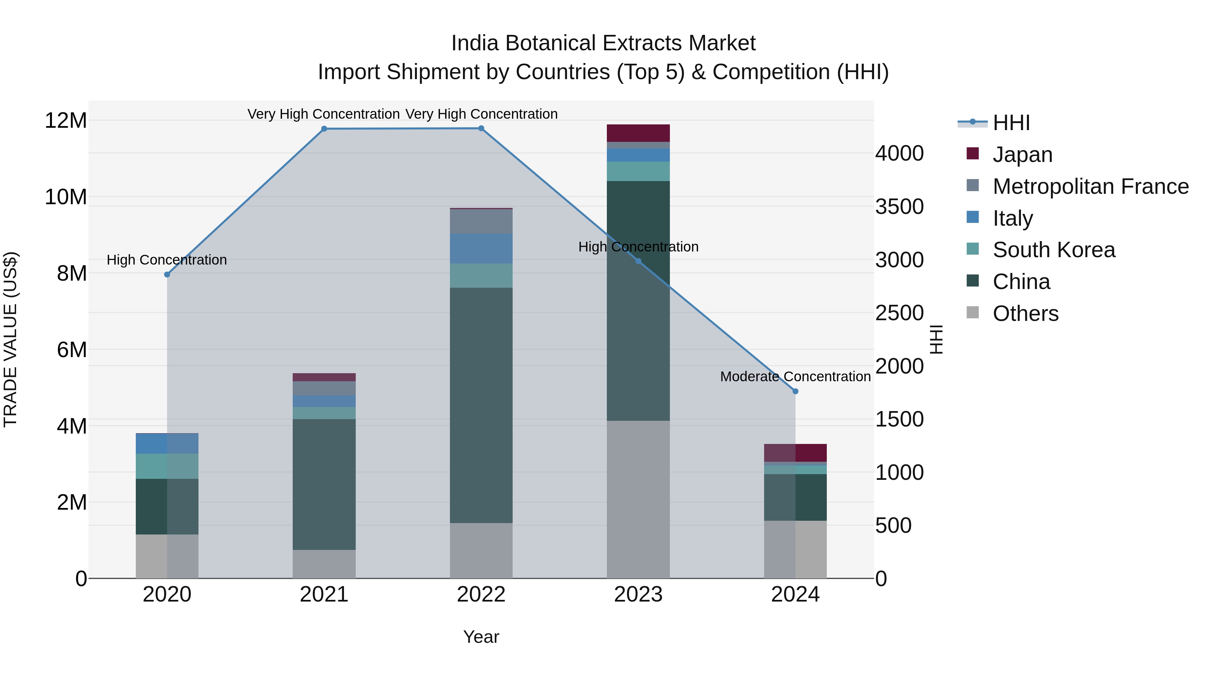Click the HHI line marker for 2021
(324, 129)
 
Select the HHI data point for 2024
(795, 391)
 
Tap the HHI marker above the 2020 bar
(167, 275)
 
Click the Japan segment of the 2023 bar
(638, 133)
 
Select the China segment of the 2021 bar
(324, 484)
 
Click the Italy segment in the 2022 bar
(481, 248)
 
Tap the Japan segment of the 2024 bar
(795, 453)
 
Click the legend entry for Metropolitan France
(1090, 186)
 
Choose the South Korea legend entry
(1053, 250)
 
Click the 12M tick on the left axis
(66, 120)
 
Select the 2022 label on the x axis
(481, 595)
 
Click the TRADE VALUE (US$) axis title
(10, 339)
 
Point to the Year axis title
(481, 637)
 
